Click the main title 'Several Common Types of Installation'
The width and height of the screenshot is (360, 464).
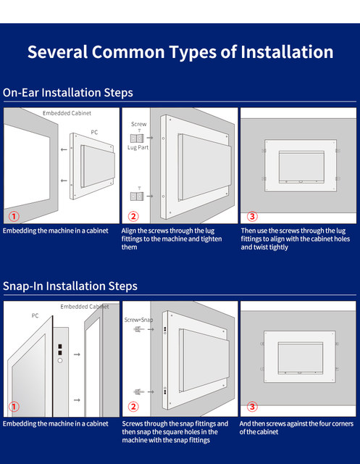click(180, 52)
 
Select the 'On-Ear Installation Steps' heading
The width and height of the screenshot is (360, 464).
click(68, 93)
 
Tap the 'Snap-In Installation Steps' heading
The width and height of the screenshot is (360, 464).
click(70, 286)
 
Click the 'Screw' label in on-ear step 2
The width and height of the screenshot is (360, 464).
click(138, 124)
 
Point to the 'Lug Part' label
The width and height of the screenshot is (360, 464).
click(138, 147)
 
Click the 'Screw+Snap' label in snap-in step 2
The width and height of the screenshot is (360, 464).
click(138, 320)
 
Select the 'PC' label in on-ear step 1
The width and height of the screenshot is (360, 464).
click(94, 132)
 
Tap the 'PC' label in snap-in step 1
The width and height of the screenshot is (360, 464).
click(35, 316)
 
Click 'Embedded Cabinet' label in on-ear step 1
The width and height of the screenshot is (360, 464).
click(67, 113)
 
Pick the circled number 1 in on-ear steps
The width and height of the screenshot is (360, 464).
click(14, 216)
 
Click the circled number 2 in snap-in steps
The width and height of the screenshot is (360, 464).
click(133, 407)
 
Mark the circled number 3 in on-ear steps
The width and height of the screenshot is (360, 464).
click(252, 216)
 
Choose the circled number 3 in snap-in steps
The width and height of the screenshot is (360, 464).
click(252, 407)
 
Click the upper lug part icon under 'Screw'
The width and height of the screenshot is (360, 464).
click(137, 138)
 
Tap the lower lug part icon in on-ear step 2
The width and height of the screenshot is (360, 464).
click(137, 196)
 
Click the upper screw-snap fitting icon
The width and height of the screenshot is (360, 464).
click(138, 329)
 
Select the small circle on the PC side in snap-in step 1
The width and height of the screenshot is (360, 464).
click(60, 361)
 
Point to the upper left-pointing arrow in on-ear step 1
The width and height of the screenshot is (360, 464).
click(64, 150)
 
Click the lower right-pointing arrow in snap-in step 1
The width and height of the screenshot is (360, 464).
click(77, 400)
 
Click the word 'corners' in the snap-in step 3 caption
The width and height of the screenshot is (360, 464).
click(343, 423)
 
